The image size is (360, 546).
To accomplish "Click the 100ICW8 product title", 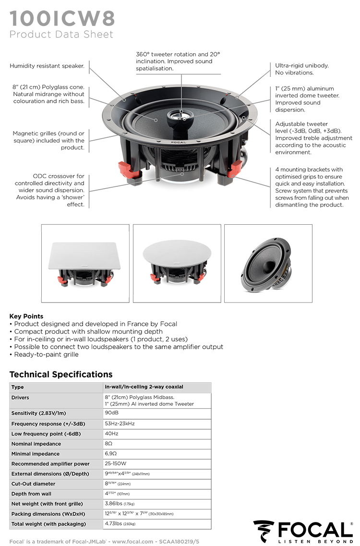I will click(x=62, y=18).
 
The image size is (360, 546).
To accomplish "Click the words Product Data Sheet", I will click(x=61, y=35).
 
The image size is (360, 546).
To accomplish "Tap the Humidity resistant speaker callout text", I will click(x=47, y=66).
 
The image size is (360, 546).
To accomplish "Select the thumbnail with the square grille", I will click(x=85, y=263).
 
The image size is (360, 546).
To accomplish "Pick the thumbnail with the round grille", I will click(x=177, y=263).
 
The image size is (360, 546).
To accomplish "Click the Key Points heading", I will click(x=26, y=316).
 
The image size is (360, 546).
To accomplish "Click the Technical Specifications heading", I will click(x=61, y=374).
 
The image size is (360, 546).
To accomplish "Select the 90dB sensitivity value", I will click(x=111, y=413).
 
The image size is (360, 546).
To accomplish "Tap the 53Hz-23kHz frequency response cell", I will click(x=120, y=424).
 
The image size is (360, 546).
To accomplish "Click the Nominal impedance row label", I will click(x=36, y=444).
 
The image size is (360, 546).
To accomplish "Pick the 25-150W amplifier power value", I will click(x=115, y=464).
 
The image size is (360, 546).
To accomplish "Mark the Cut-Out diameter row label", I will click(x=33, y=484).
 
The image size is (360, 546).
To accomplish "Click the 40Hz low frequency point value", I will click(x=111, y=434).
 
